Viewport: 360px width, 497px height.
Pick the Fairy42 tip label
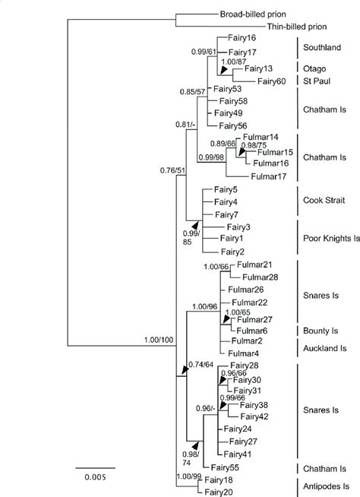tap(254, 416)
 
